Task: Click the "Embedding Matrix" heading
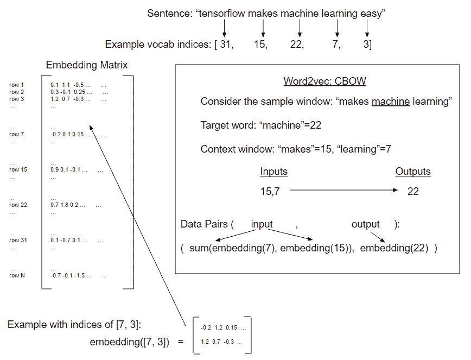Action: tap(87, 66)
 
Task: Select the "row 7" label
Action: tap(17, 134)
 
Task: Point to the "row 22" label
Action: tap(18, 205)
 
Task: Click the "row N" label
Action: tap(17, 275)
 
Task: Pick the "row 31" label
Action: tap(18, 240)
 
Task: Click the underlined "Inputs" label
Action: tap(274, 172)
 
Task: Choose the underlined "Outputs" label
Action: tap(413, 172)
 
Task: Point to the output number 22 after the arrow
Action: tap(413, 191)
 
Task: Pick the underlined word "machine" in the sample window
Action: tap(391, 102)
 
